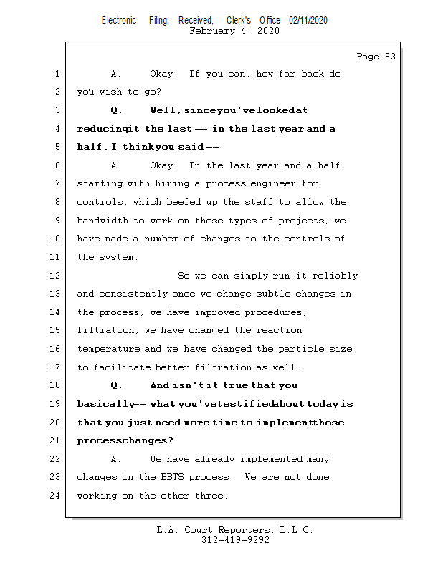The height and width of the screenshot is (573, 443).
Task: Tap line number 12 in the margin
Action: (56, 276)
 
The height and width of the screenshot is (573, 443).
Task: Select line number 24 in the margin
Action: (56, 496)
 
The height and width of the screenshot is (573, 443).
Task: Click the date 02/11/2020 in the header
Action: (308, 21)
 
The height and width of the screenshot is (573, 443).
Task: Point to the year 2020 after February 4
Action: (267, 31)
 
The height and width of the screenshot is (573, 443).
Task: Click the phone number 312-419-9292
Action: (235, 541)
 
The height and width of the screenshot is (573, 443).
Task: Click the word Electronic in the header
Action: (119, 21)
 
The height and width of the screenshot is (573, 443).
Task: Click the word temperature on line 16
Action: (109, 349)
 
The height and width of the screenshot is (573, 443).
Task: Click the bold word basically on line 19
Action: (105, 404)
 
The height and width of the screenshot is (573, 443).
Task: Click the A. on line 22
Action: (116, 459)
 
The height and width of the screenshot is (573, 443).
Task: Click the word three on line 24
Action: (212, 496)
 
